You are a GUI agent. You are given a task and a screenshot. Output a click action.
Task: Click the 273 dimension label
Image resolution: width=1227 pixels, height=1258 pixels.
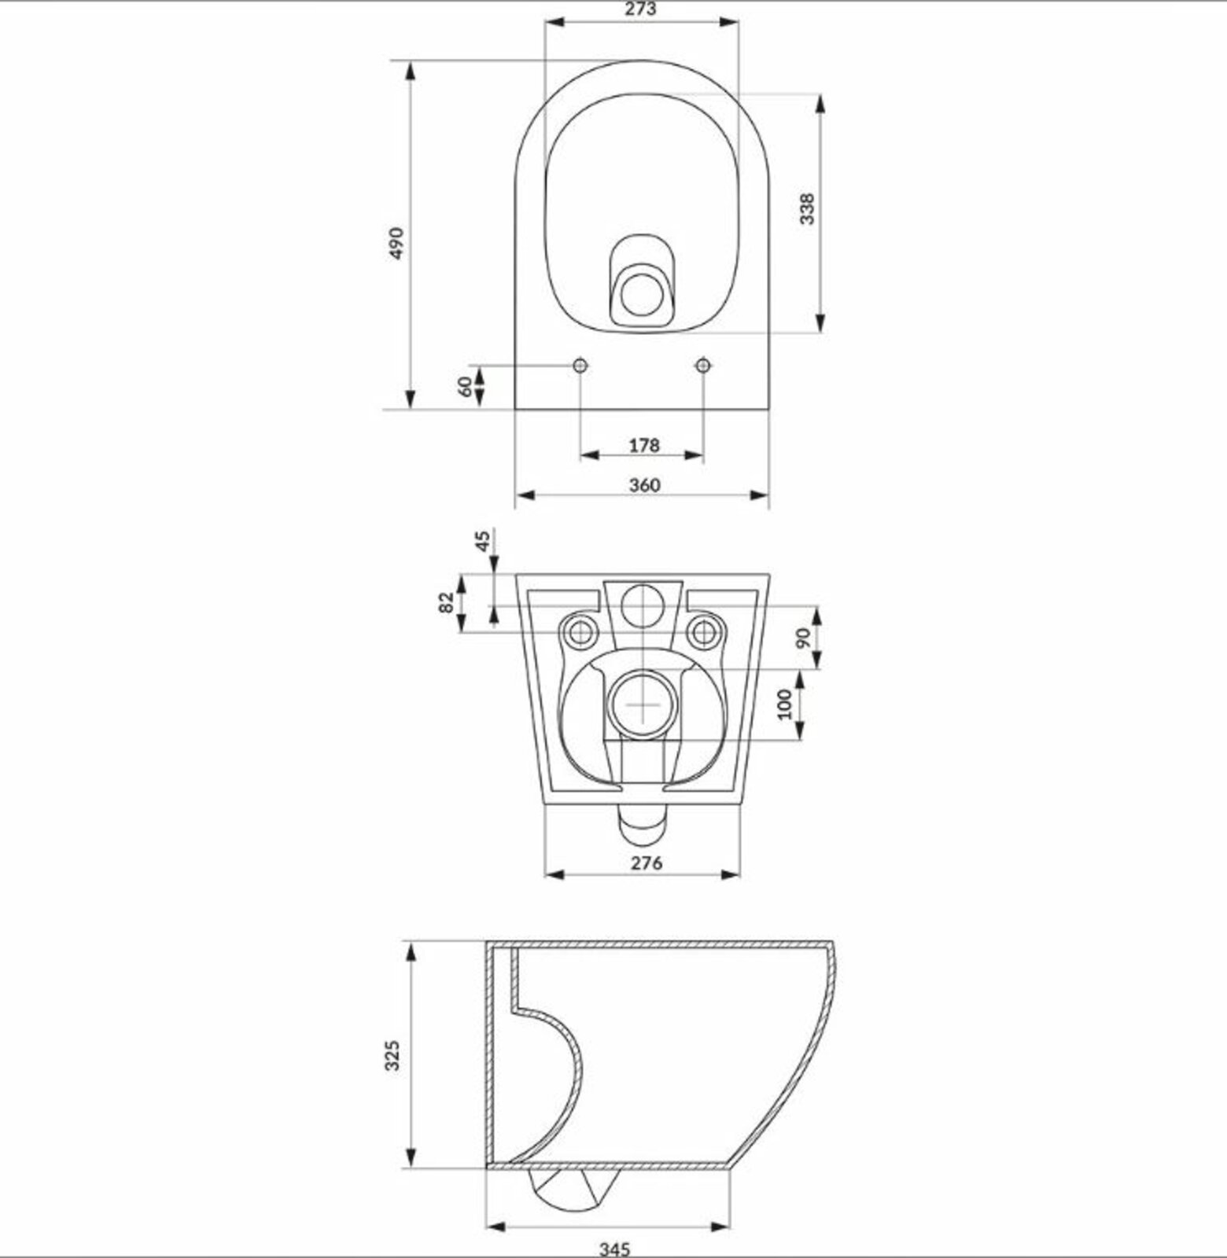point(642,9)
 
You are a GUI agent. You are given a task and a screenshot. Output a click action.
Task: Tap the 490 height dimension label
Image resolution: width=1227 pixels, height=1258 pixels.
point(396,243)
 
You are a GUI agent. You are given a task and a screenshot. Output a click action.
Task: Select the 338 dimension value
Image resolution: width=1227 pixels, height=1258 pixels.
point(807,208)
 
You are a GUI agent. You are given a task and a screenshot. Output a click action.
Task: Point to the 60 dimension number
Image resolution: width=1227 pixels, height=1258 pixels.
point(465,387)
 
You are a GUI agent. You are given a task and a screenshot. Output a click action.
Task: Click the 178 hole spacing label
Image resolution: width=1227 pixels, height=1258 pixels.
point(643,446)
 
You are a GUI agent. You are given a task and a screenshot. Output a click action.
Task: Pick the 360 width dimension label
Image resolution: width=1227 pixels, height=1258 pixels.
point(644,485)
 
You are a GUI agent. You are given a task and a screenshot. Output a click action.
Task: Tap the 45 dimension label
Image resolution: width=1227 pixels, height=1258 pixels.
point(483,540)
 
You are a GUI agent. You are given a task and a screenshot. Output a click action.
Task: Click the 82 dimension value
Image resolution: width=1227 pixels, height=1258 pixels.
point(446,603)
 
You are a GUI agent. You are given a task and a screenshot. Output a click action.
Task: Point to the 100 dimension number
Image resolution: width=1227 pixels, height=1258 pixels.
point(783,705)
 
